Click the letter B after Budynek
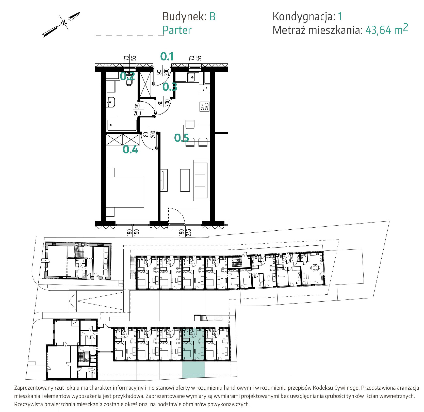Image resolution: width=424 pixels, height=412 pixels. tap(212, 17)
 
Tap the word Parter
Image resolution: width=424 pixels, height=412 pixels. tap(177, 30)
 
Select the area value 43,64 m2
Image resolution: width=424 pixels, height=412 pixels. tap(387, 29)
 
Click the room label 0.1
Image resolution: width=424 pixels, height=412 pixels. tap(167, 56)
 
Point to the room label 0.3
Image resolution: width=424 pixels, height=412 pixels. tap(170, 87)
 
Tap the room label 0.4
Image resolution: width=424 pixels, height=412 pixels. tap(131, 150)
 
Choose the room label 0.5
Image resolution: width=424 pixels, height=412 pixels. tap(182, 138)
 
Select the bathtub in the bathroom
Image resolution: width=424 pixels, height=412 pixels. tap(122, 125)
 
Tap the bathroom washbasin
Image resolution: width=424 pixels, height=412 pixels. tap(111, 102)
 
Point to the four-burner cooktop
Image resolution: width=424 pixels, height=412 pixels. tap(205, 106)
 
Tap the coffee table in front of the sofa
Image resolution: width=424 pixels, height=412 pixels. tap(185, 180)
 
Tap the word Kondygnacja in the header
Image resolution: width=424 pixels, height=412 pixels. tap(304, 17)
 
